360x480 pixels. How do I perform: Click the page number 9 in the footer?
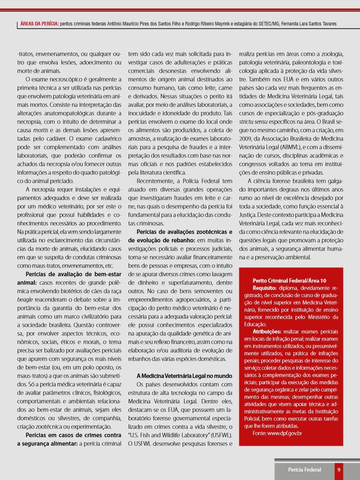339,470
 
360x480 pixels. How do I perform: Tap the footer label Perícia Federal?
305,470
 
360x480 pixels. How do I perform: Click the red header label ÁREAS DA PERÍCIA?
40,24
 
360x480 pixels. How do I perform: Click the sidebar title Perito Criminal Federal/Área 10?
289,280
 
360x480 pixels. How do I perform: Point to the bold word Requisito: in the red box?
265,288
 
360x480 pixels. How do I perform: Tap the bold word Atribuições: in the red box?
267,332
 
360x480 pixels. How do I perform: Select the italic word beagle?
25,300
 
